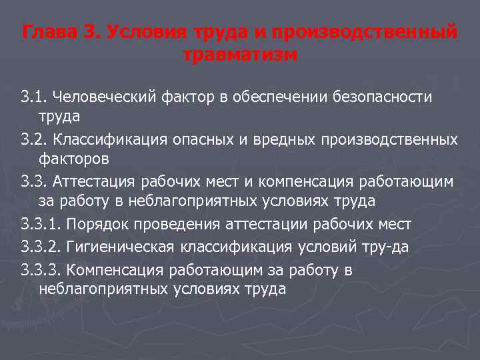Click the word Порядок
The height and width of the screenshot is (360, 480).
click(x=91, y=224)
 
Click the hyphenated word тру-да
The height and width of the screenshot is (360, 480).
click(x=389, y=247)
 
